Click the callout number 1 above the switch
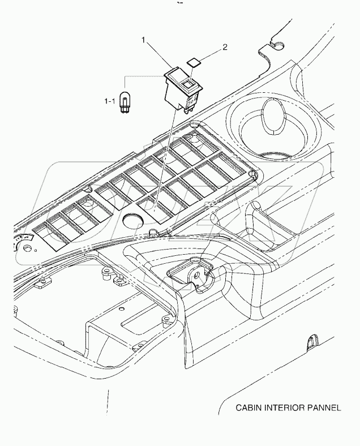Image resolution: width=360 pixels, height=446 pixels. [144, 40]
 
